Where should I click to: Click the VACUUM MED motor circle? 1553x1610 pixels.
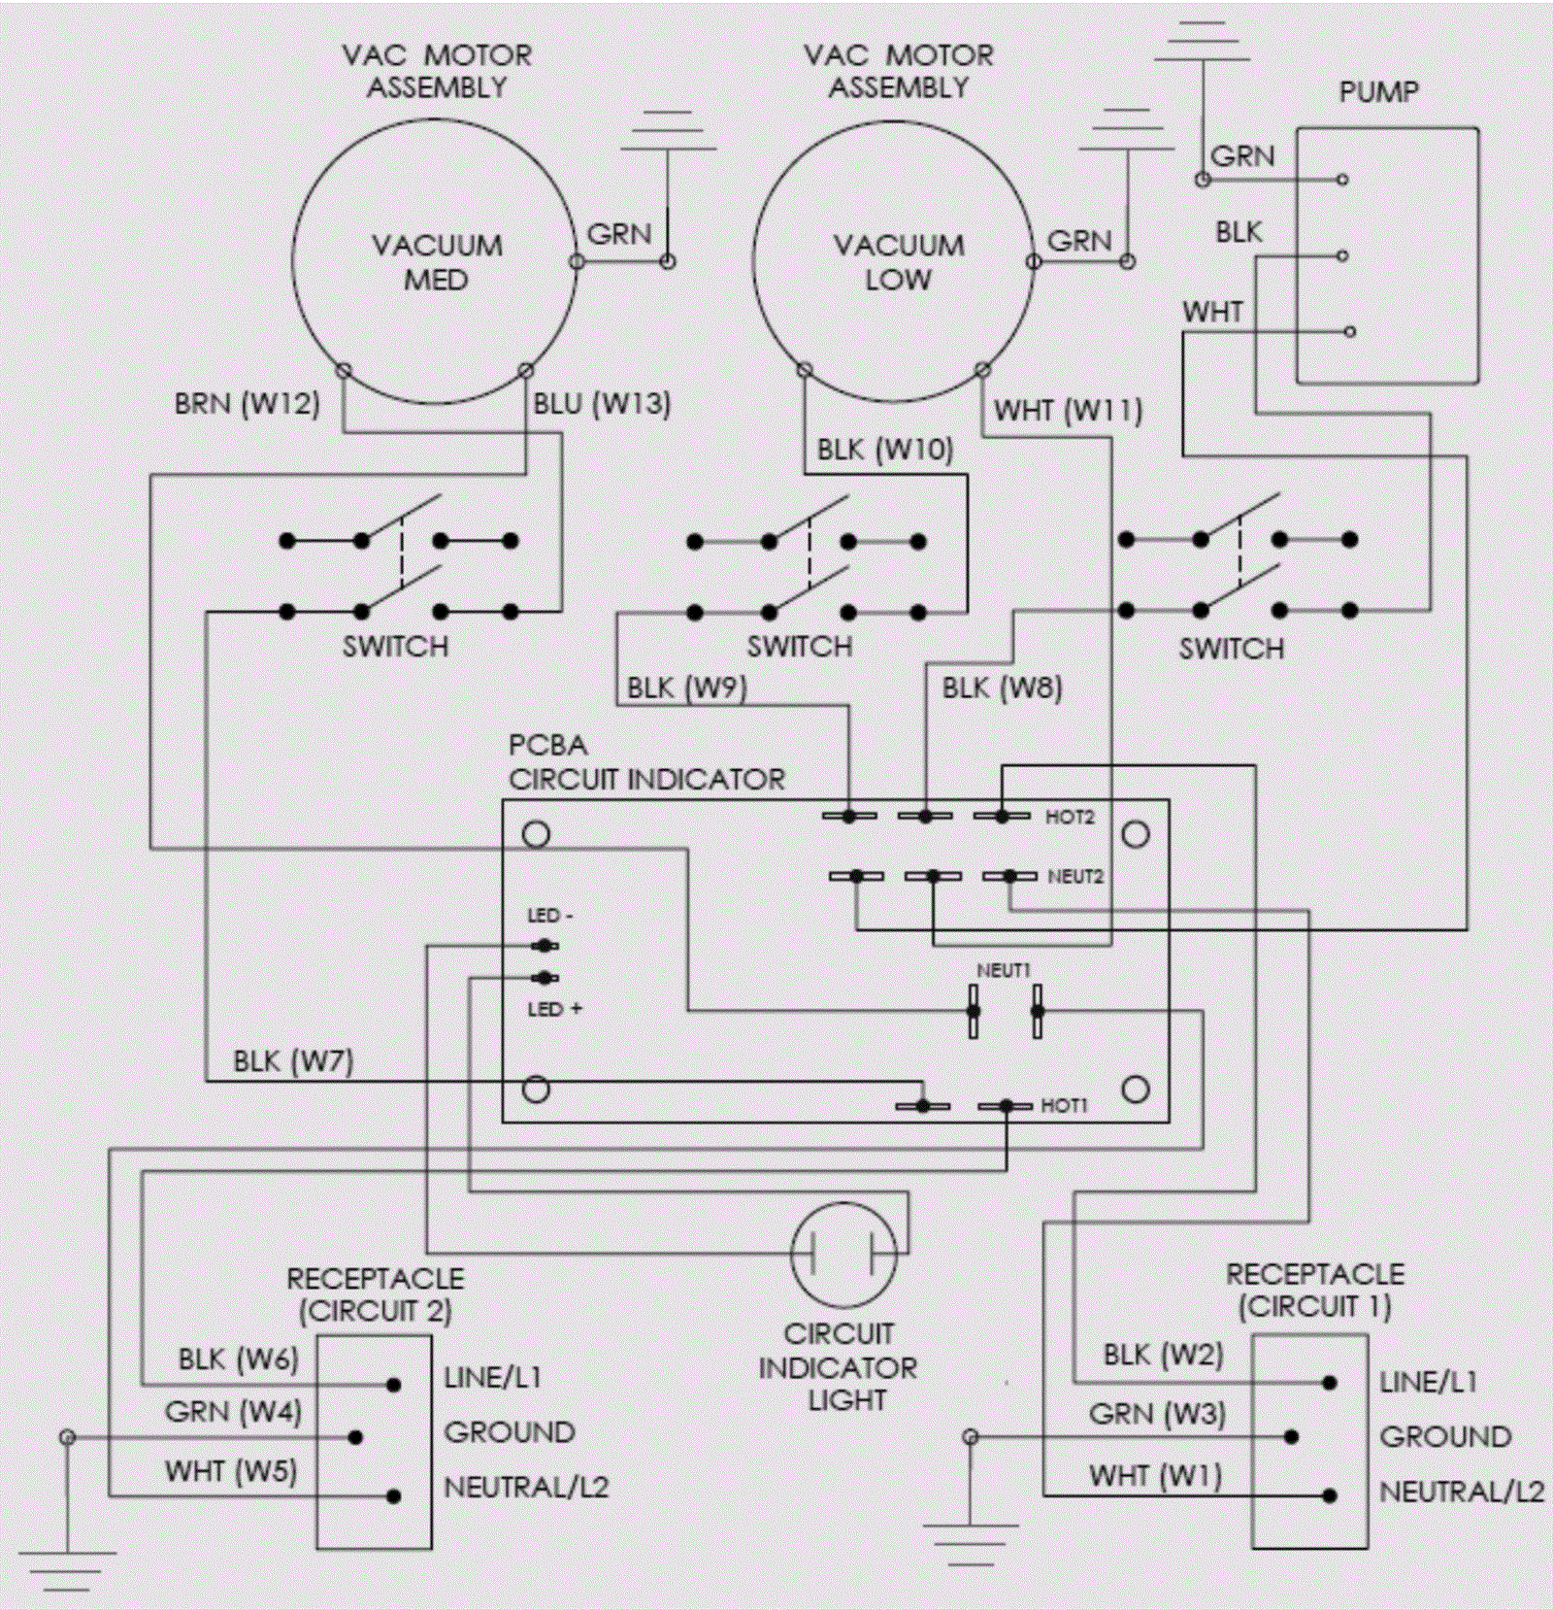click(436, 262)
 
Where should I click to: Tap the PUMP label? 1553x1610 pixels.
click(1378, 92)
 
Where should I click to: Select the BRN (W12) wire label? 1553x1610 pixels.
click(247, 403)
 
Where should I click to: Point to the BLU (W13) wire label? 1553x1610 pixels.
click(602, 403)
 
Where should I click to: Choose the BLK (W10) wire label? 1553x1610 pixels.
click(884, 450)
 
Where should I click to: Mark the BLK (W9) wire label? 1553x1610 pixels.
click(686, 688)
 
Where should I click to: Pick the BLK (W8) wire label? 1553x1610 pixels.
click(1002, 688)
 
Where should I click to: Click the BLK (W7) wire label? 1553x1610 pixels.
click(293, 1060)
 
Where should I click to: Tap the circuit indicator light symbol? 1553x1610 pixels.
click(843, 1254)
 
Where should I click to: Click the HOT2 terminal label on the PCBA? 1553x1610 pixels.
click(1069, 818)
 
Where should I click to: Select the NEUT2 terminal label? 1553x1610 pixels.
click(1075, 877)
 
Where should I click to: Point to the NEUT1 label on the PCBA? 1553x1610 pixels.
click(1003, 970)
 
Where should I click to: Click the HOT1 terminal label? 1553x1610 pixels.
click(1064, 1105)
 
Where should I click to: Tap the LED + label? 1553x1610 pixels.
click(554, 1009)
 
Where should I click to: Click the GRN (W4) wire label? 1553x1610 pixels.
click(233, 1411)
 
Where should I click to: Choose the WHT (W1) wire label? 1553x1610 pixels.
click(1155, 1475)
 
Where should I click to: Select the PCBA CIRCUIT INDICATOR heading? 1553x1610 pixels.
click(645, 763)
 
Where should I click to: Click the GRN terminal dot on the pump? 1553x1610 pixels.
click(1342, 180)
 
